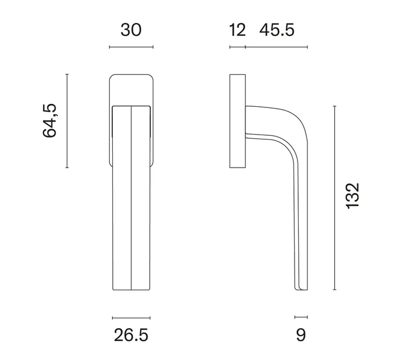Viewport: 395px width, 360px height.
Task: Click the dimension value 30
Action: [131, 30]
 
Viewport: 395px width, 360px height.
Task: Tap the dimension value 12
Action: [237, 30]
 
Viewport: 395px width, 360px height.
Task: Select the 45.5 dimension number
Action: [276, 30]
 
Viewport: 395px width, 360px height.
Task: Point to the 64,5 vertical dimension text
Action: [50, 120]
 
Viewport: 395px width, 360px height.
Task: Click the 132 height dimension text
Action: [352, 196]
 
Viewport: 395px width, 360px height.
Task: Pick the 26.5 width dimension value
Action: [131, 335]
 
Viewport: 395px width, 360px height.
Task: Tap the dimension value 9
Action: [301, 335]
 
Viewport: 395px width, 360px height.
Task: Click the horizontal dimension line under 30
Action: [131, 47]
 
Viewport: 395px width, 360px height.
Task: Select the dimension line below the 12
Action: [237, 47]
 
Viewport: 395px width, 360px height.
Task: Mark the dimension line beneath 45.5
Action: [276, 47]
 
